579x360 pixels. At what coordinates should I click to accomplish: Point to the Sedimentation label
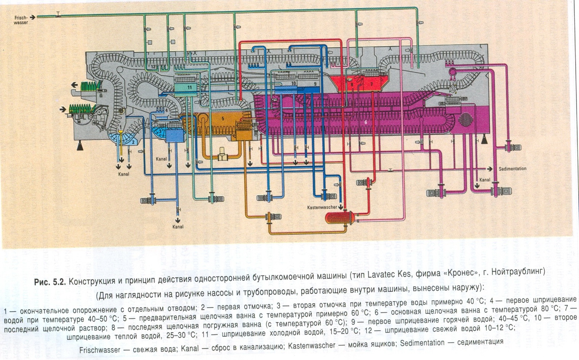click(512, 168)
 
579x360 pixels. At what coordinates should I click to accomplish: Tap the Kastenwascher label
click(322, 207)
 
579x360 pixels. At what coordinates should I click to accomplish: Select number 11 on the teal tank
click(189, 87)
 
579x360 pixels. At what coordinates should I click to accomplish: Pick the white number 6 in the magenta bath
click(366, 122)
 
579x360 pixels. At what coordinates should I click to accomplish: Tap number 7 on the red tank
click(372, 84)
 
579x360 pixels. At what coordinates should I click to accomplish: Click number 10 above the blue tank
click(293, 83)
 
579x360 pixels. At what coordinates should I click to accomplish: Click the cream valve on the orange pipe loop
click(222, 156)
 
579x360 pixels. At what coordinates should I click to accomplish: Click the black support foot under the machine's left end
click(81, 144)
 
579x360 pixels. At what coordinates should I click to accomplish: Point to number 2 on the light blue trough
click(133, 142)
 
